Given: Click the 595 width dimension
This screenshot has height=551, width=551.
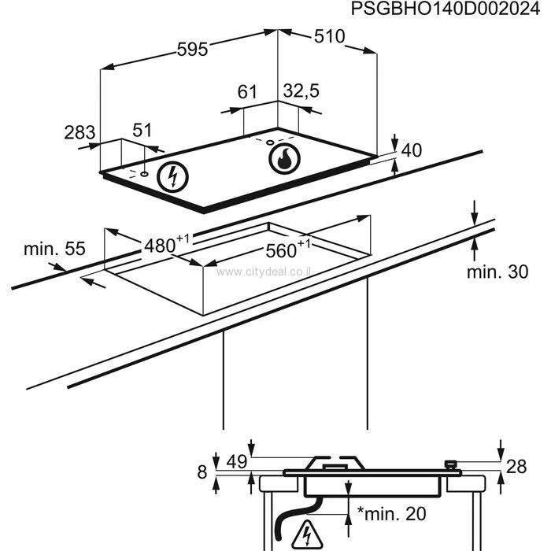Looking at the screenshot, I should point(191,50).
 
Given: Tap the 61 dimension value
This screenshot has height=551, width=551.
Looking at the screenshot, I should point(248,92).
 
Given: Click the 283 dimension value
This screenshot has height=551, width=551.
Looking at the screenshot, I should point(80,131).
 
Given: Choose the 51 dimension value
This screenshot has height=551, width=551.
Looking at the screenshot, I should point(142,131).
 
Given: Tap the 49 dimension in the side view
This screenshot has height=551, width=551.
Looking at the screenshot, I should point(236,461).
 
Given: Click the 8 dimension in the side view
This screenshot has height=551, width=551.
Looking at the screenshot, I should point(202,472).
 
